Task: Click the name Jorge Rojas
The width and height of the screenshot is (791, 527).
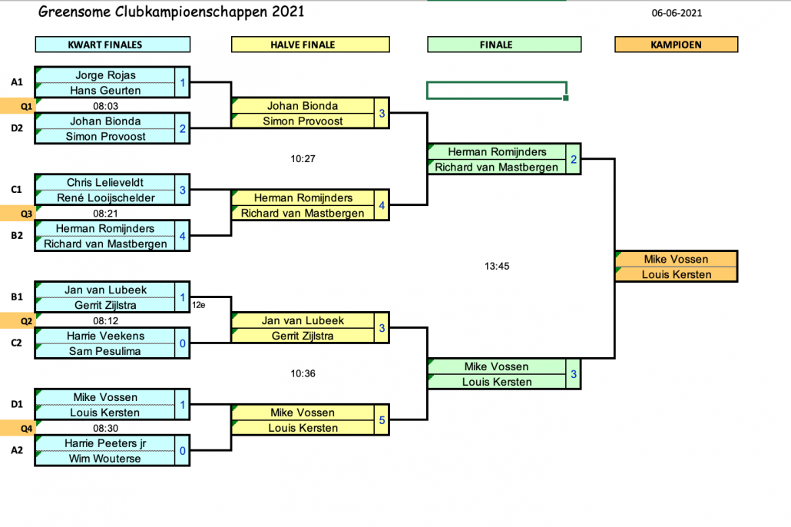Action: coord(105,75)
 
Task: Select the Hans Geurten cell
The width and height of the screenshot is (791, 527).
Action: coord(105,91)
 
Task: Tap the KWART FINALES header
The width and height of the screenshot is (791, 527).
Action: coord(105,45)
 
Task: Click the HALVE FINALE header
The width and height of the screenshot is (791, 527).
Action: coord(303,45)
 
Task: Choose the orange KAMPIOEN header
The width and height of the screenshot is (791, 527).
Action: coord(676,45)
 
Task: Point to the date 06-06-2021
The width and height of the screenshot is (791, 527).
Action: coord(677,12)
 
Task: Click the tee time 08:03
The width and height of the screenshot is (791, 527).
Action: coord(105,106)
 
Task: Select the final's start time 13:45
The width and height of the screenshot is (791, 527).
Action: coord(497,267)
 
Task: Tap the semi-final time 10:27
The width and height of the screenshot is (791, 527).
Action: coord(303,159)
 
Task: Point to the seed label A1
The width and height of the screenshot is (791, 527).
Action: coord(17,82)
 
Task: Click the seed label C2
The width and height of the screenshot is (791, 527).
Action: coord(17,343)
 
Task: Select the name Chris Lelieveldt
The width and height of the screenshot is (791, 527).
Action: coord(105,183)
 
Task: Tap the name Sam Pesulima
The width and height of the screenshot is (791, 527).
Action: coord(105,352)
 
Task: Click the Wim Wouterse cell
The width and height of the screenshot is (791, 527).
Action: coord(105,459)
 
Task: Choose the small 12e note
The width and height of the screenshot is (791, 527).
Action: coord(198,305)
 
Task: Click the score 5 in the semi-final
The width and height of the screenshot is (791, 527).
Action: coord(382,420)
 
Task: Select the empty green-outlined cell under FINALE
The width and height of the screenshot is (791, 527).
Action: coord(496,90)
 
